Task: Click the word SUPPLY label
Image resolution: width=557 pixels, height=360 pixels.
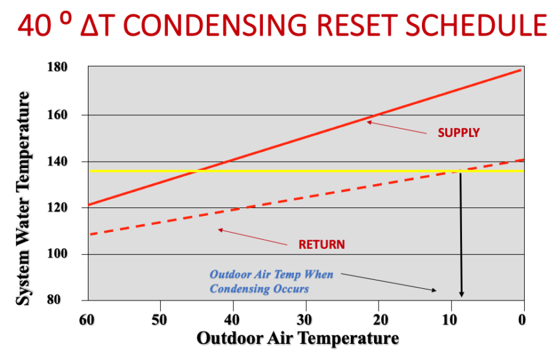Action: pos(459,133)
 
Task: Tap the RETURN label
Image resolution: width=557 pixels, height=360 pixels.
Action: pos(321,245)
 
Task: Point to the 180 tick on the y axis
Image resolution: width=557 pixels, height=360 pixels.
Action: pos(59,68)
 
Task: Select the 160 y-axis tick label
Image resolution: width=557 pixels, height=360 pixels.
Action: pos(59,114)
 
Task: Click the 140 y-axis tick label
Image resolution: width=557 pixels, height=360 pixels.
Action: pos(59,161)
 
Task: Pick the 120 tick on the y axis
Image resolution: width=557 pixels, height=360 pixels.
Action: pos(59,207)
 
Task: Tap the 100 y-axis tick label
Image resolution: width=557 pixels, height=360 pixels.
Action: pos(59,254)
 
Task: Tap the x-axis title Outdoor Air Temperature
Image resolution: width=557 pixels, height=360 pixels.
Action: pos(298,338)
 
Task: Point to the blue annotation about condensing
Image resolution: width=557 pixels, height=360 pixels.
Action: pos(271,282)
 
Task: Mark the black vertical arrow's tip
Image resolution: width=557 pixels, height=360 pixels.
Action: pos(461,296)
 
